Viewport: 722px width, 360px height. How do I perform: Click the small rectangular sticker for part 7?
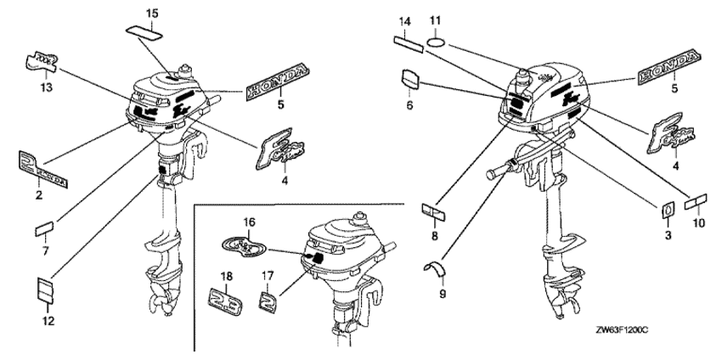[x=43, y=228]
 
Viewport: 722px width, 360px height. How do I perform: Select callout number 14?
[x=405, y=20]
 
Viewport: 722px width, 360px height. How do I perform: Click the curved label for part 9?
[x=435, y=268]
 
